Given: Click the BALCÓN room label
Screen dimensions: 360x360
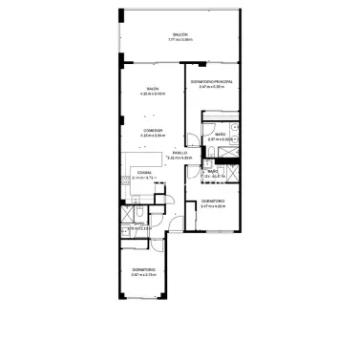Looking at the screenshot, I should [180, 34].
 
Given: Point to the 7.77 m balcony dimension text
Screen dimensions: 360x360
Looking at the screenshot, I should [180, 40].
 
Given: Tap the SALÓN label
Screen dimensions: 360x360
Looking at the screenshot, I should [153, 88].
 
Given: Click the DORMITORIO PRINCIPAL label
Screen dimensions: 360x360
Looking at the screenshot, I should [211, 82].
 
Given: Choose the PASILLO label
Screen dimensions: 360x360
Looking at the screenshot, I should [179, 153].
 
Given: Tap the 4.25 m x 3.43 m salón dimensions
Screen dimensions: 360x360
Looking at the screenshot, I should [153, 94].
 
